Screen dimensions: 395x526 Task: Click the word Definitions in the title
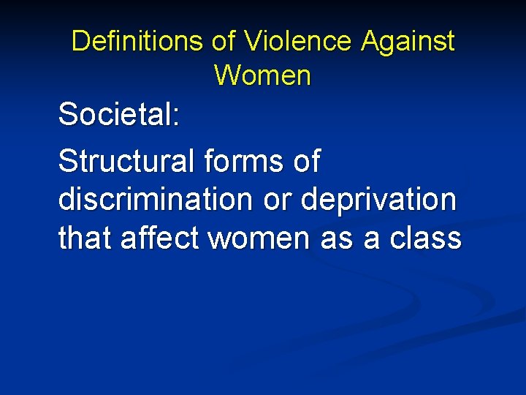[138, 41]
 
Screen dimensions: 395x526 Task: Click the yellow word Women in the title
[263, 75]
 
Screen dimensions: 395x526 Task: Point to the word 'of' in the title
[224, 41]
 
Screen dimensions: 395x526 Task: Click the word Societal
[115, 115]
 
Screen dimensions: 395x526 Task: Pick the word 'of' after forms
[305, 162]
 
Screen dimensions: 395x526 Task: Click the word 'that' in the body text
[83, 238]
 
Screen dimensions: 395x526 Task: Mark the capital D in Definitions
[79, 41]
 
